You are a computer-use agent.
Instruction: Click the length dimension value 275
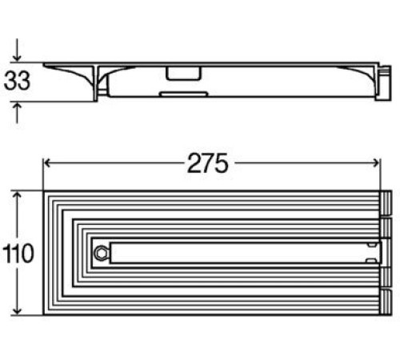point(208,162)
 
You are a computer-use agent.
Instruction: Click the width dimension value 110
point(18,254)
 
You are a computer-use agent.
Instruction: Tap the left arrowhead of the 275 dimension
point(47,162)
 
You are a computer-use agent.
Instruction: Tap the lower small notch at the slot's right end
point(370,261)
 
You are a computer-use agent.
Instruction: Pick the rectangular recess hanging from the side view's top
point(182,74)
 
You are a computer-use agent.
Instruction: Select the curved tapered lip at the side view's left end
point(68,74)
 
